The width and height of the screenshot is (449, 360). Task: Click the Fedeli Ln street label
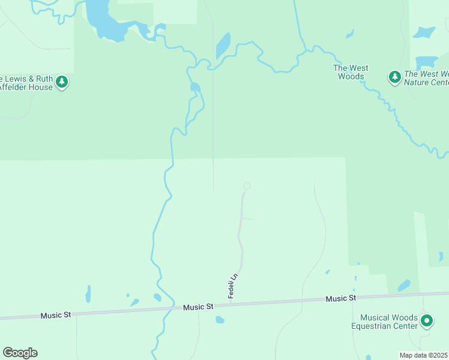[x=234, y=286]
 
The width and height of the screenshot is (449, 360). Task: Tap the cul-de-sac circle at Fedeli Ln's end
[x=247, y=185]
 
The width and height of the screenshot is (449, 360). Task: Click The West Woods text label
[x=351, y=72]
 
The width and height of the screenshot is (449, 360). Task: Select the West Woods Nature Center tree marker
[x=394, y=77]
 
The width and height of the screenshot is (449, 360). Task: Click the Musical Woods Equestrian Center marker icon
[x=427, y=321]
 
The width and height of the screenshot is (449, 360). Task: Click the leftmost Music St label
[x=56, y=315]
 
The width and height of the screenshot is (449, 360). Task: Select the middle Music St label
[x=198, y=307]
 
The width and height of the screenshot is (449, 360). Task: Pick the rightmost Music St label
[x=341, y=298]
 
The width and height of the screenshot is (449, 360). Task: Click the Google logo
[x=20, y=353]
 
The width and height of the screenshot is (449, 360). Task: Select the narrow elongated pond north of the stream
[x=223, y=44]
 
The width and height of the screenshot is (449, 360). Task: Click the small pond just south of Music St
[x=220, y=320]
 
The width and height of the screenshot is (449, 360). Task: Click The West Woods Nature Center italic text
[x=426, y=78]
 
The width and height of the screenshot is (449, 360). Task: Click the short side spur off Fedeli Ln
[x=248, y=218]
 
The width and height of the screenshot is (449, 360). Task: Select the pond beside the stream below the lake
[x=194, y=88]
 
